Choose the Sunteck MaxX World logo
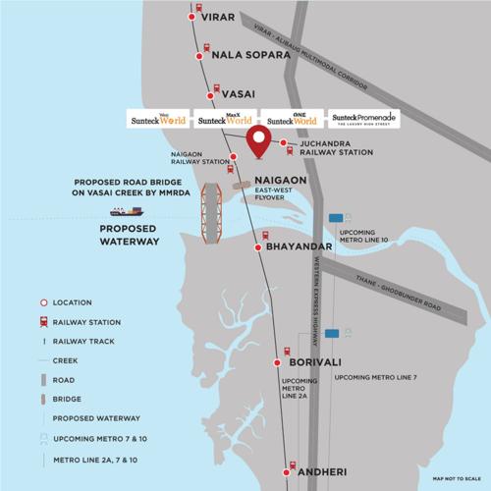[222, 118]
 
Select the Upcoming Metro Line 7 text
[376, 377]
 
